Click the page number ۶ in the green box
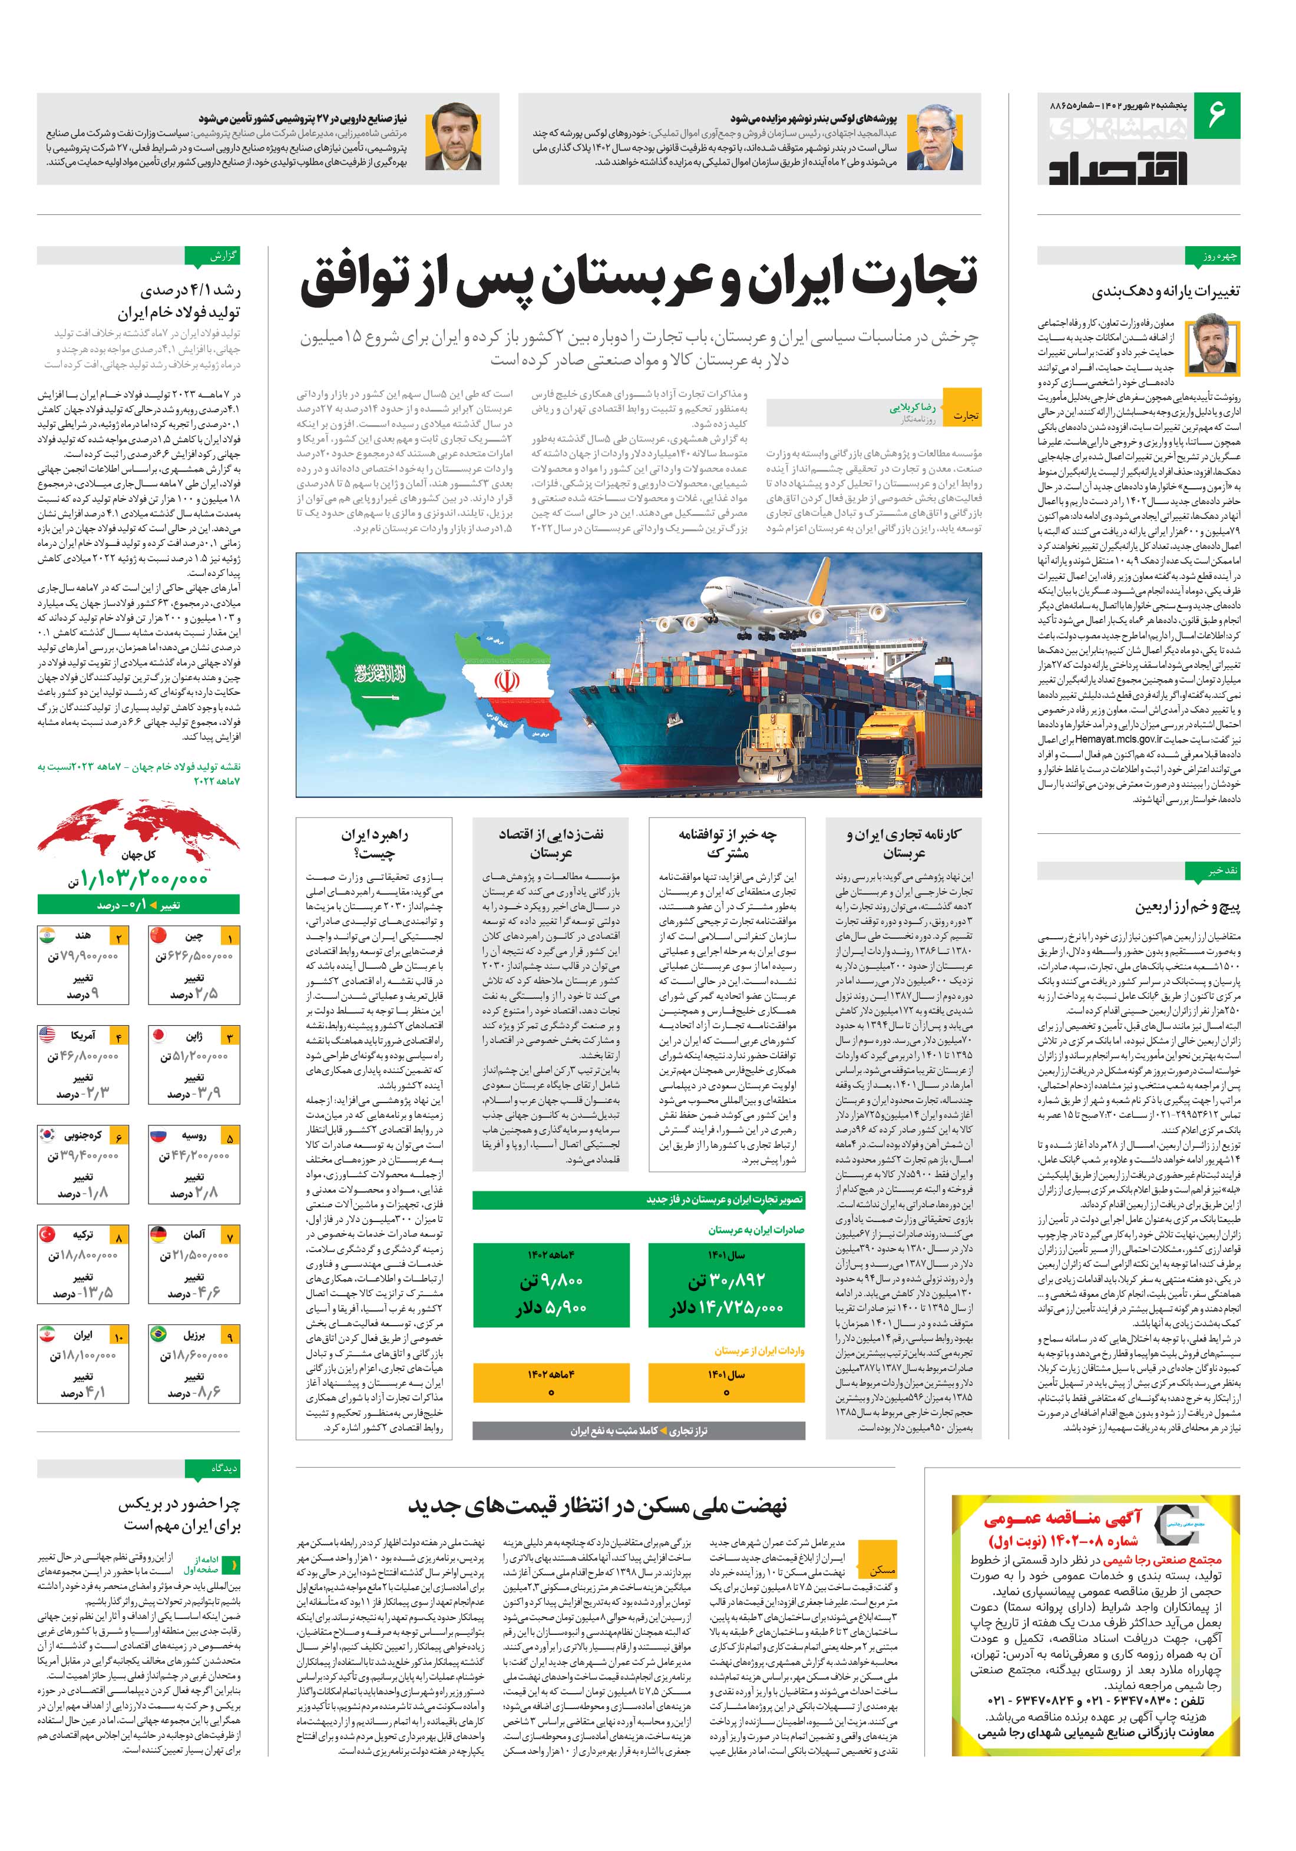coord(1216,113)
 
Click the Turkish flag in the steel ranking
coord(48,1235)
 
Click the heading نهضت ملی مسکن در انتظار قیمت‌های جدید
coord(596,1504)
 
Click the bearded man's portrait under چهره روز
coord(1213,343)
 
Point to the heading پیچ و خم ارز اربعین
coord(1187,907)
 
